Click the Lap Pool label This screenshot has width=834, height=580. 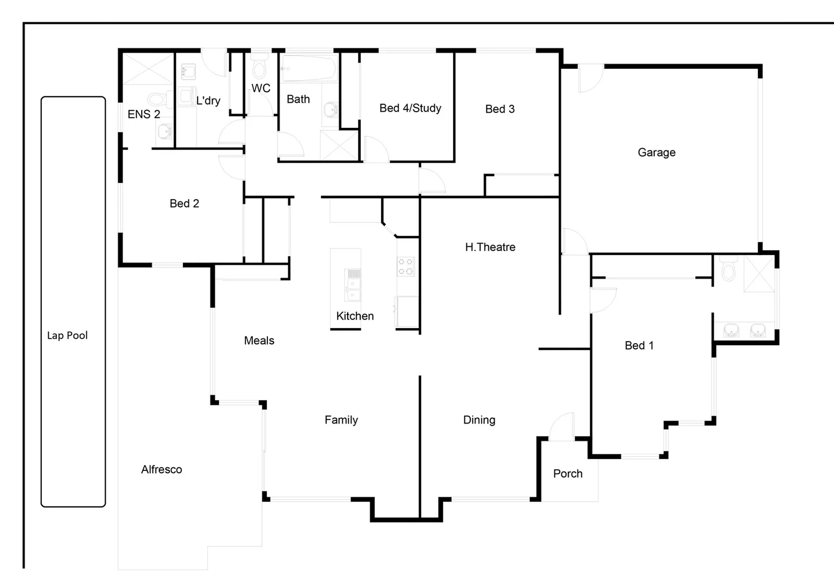pyautogui.click(x=67, y=336)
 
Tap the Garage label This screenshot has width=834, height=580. pyautogui.click(x=656, y=153)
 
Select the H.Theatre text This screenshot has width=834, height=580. pyautogui.click(x=490, y=247)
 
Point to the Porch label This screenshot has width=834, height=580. pyautogui.click(x=568, y=474)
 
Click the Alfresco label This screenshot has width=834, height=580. pyautogui.click(x=162, y=469)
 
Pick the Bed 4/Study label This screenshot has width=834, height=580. pyautogui.click(x=410, y=108)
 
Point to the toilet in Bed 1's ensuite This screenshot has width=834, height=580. pyautogui.click(x=728, y=269)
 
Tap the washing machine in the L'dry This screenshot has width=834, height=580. pyautogui.click(x=186, y=96)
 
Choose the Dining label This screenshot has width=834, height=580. pyautogui.click(x=479, y=420)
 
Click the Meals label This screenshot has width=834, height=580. pyautogui.click(x=259, y=340)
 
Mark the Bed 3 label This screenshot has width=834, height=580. pyautogui.click(x=500, y=109)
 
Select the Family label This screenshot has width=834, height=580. pyautogui.click(x=341, y=420)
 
